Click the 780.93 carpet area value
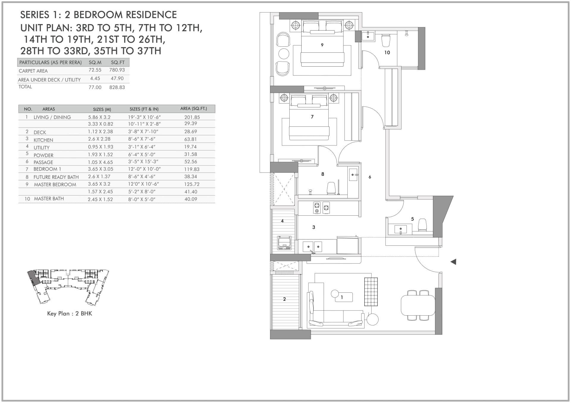click(117, 70)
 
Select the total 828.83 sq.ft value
click(117, 87)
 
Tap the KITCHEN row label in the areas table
click(43, 140)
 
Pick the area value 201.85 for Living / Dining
click(192, 117)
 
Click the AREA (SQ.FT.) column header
click(194, 109)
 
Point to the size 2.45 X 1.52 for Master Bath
click(100, 199)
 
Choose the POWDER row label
click(43, 155)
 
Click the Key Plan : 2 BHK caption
click(70, 314)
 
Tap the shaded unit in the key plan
click(35, 279)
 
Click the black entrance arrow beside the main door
click(453, 262)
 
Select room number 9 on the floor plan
click(322, 45)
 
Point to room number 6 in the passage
click(370, 177)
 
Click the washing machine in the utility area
click(284, 243)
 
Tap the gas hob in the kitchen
click(321, 208)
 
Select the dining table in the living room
click(418, 305)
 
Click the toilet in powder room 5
click(422, 225)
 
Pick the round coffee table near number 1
click(335, 294)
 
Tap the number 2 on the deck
click(284, 299)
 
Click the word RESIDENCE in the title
click(151, 15)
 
